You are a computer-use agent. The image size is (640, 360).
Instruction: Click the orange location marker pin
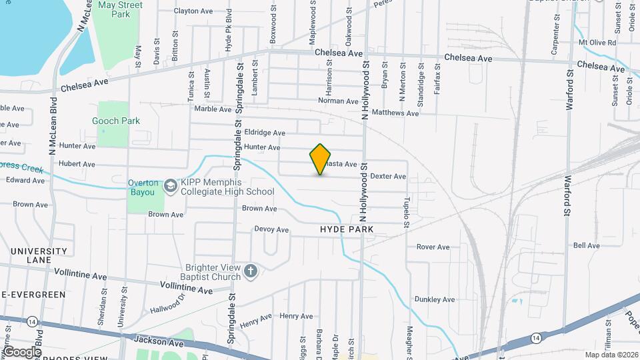tap(321, 159)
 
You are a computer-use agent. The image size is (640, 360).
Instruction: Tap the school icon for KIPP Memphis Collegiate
tap(170, 186)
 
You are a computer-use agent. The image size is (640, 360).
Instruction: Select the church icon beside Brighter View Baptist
tap(251, 271)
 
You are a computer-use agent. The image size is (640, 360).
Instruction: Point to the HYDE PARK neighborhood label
tap(346, 229)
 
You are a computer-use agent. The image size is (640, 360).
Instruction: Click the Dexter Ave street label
tap(388, 177)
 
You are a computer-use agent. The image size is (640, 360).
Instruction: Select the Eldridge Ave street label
tap(265, 133)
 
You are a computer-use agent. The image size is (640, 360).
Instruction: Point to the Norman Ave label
tap(338, 101)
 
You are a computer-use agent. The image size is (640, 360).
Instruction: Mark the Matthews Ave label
tap(395, 113)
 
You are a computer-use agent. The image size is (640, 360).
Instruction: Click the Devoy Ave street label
tap(271, 229)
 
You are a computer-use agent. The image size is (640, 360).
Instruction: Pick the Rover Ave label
tap(433, 247)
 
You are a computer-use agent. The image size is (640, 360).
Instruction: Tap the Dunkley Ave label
tap(434, 300)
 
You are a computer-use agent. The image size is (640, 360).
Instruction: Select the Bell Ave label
tap(587, 245)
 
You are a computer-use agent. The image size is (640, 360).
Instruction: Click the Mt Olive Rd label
tap(597, 43)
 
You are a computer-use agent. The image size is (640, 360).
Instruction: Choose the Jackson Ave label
tap(158, 341)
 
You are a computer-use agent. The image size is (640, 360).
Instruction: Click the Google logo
tap(22, 352)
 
